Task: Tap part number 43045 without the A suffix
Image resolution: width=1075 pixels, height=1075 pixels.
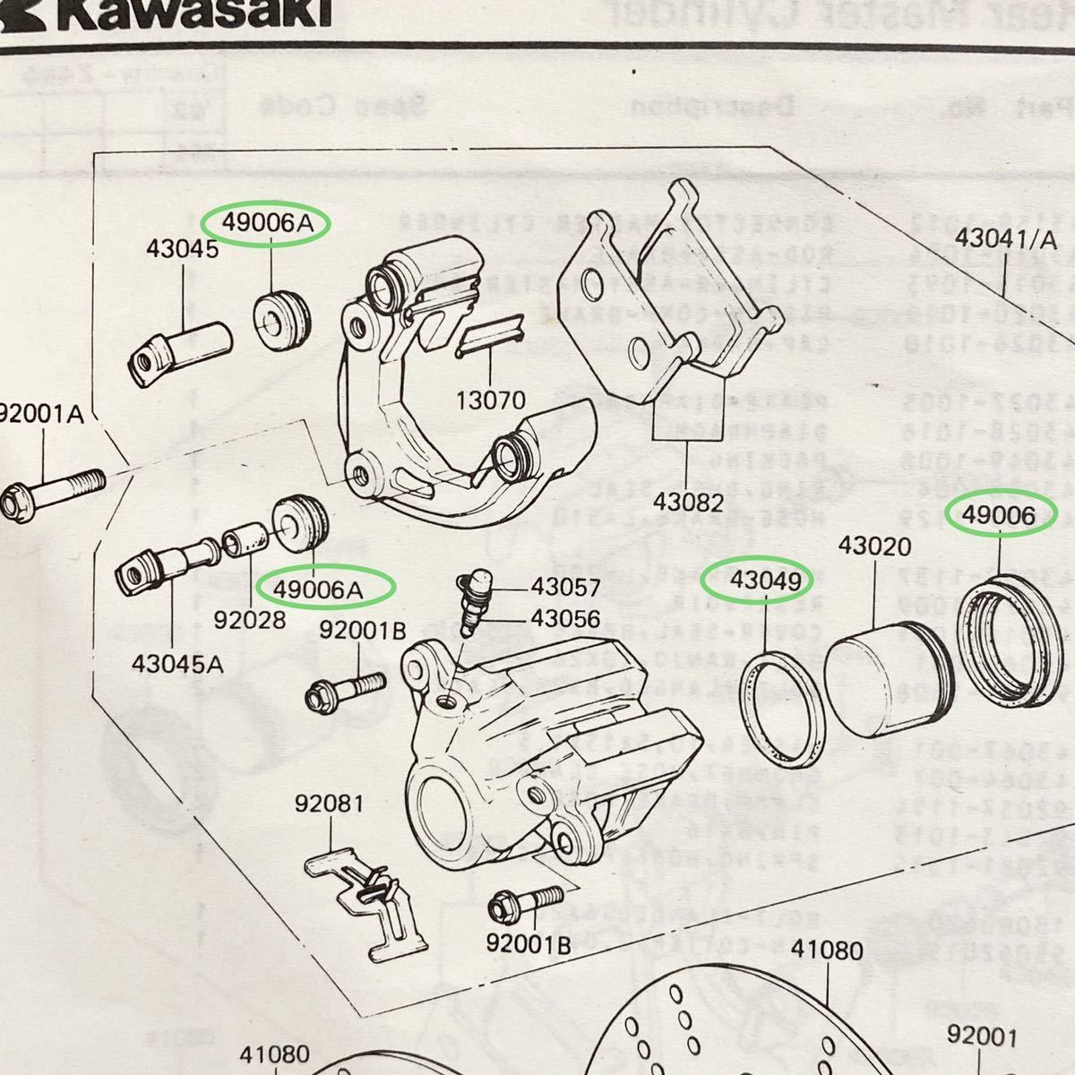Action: click(x=183, y=250)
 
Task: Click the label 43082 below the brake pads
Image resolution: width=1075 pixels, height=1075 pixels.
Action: click(x=688, y=503)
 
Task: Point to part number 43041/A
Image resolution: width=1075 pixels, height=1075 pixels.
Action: click(x=1006, y=239)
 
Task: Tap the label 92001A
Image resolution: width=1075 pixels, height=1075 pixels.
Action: click(x=42, y=415)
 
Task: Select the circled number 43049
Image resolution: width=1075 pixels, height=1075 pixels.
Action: click(x=766, y=580)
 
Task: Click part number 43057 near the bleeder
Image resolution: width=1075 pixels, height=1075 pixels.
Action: click(x=565, y=588)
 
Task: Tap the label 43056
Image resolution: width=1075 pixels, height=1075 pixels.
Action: click(x=565, y=618)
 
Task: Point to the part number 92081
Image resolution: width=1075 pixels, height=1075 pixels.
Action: click(x=330, y=804)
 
